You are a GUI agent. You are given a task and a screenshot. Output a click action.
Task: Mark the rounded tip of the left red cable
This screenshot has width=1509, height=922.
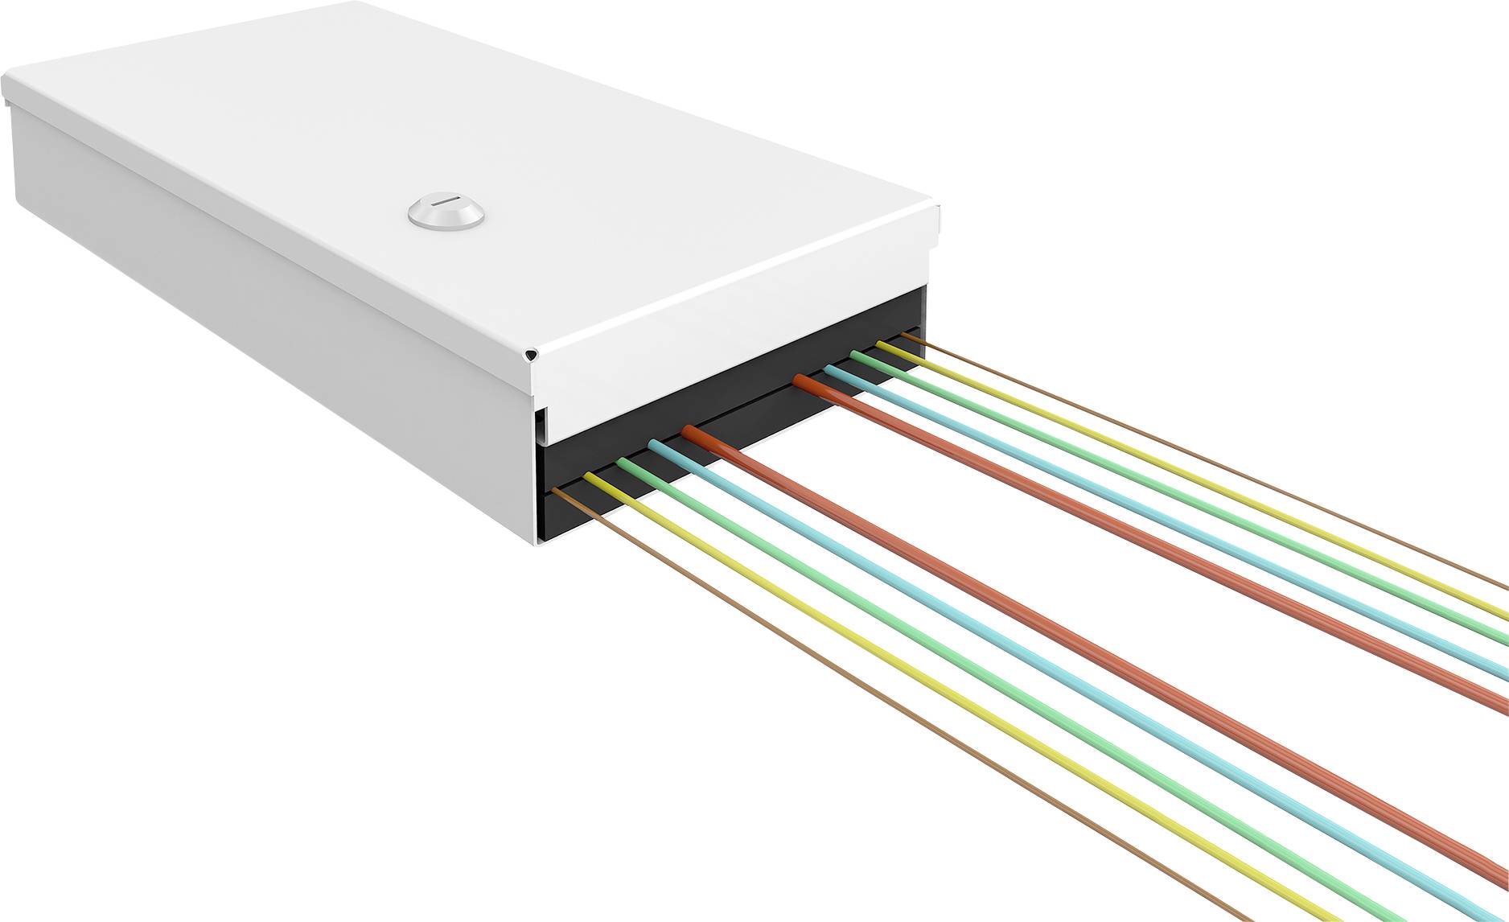tap(690, 432)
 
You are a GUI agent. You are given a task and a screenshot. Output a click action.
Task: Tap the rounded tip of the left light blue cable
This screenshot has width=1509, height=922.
tap(656, 444)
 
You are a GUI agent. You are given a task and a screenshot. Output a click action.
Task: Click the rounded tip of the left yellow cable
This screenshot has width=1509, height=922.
tap(590, 476)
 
